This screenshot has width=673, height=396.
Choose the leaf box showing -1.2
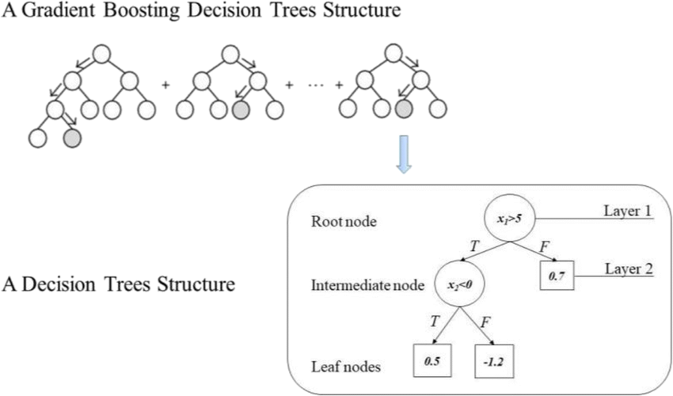click(494, 360)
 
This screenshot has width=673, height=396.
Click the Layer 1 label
click(626, 211)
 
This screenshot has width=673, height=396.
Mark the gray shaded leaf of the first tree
click(72, 140)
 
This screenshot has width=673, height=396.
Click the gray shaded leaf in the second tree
click(241, 109)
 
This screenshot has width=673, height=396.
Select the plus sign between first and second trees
click(165, 83)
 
